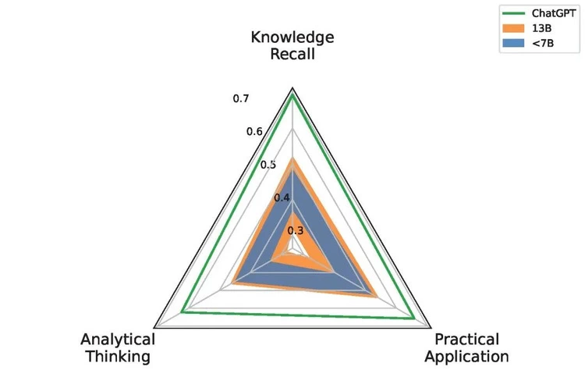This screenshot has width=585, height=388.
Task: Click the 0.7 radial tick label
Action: pyautogui.click(x=241, y=98)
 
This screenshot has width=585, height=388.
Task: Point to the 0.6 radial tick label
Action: pyautogui.click(x=254, y=131)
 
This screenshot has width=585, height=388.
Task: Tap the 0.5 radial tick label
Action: pyautogui.click(x=268, y=165)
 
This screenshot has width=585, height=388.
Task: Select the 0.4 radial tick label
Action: pyautogui.click(x=282, y=198)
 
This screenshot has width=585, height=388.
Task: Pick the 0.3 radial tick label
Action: pyautogui.click(x=296, y=231)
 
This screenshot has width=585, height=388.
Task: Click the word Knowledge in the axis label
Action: pyautogui.click(x=292, y=37)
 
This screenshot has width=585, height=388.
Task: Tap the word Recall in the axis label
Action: pyautogui.click(x=292, y=54)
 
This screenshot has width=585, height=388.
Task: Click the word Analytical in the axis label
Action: pyautogui.click(x=118, y=340)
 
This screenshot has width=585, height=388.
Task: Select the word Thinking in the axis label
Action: pyautogui.click(x=119, y=356)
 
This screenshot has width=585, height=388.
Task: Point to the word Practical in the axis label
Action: pyautogui.click(x=466, y=340)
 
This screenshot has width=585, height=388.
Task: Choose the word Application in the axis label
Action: pyautogui.click(x=466, y=357)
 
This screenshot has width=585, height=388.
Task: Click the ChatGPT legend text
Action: pyautogui.click(x=553, y=13)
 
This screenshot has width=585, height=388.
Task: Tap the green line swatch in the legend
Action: pyautogui.click(x=513, y=13)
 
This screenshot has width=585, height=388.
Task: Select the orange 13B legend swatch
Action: pyautogui.click(x=513, y=28)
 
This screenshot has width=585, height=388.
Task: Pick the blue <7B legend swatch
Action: pyautogui.click(x=513, y=43)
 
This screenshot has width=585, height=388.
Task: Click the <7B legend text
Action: pyautogui.click(x=543, y=43)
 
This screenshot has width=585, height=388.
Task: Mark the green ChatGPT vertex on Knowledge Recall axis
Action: pyautogui.click(x=292, y=94)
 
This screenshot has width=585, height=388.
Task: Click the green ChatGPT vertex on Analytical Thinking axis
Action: pyautogui.click(x=183, y=311)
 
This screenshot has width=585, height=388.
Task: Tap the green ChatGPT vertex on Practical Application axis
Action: pyautogui.click(x=413, y=319)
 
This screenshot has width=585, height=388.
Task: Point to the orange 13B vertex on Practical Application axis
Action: pyautogui.click(x=376, y=297)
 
